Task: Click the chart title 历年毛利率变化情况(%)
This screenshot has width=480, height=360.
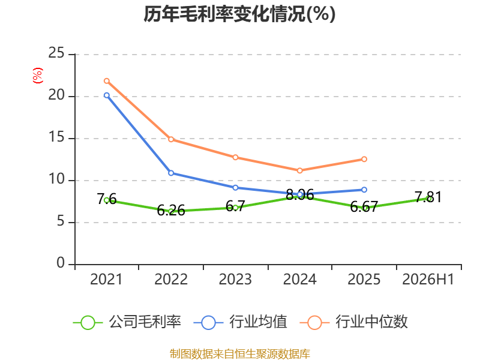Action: pyautogui.click(x=239, y=14)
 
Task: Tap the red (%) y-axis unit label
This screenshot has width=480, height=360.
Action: pyautogui.click(x=38, y=76)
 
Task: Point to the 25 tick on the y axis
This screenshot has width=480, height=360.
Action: pyautogui.click(x=56, y=53)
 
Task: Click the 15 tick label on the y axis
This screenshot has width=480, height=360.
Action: pyautogui.click(x=56, y=137)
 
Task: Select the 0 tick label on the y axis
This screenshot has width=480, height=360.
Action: pyautogui.click(x=61, y=263)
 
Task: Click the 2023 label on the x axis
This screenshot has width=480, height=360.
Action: pyautogui.click(x=235, y=279)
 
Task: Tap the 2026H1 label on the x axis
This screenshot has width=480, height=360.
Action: pyautogui.click(x=428, y=279)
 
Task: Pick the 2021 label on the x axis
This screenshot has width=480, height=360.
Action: pyautogui.click(x=106, y=279)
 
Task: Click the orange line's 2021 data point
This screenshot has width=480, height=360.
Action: pyautogui.click(x=107, y=81)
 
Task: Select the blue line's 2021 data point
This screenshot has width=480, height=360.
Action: pyautogui.click(x=107, y=95)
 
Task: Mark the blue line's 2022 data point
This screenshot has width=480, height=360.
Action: pyautogui.click(x=171, y=173)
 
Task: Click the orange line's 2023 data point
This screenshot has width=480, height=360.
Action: pyautogui.click(x=235, y=157)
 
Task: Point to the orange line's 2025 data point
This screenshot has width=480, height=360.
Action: pyautogui.click(x=364, y=159)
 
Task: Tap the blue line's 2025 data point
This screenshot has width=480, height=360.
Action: pyautogui.click(x=364, y=190)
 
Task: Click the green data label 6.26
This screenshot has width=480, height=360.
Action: pyautogui.click(x=171, y=211)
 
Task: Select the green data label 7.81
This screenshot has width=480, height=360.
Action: pyautogui.click(x=428, y=197)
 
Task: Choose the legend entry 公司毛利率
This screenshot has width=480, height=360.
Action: pyautogui.click(x=127, y=322)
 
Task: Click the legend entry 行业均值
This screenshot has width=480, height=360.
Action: pyautogui.click(x=241, y=322)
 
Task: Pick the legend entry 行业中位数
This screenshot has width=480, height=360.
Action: pyautogui.click(x=353, y=322)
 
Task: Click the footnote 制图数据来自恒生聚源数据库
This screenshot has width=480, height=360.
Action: pyautogui.click(x=239, y=354)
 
